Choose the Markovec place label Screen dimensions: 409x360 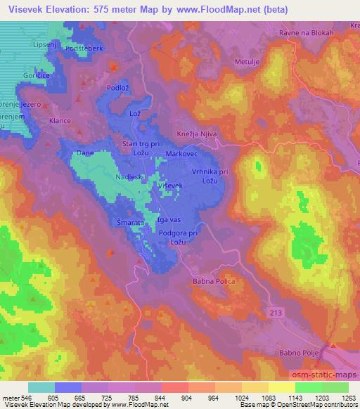[180, 152]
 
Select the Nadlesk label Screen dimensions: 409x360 [129, 178]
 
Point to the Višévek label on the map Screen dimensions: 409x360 [170, 185]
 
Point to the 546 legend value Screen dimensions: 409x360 [27, 398]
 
